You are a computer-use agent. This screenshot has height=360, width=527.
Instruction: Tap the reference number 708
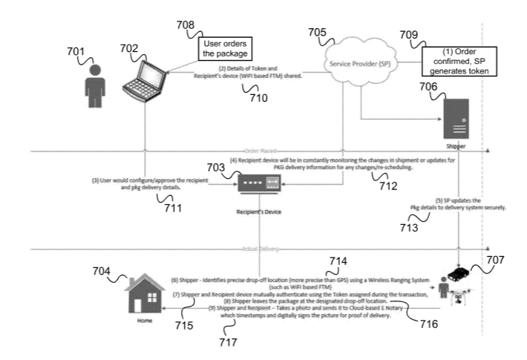click(186, 26)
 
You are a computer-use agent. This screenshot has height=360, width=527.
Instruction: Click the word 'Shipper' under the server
click(456, 147)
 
